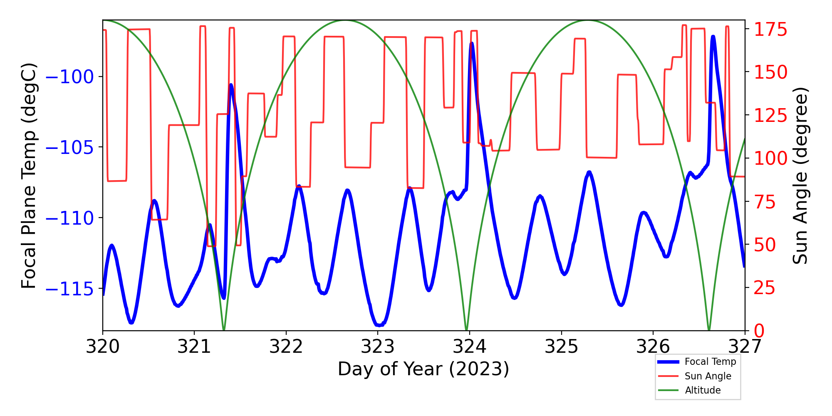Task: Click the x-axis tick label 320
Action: tap(103, 346)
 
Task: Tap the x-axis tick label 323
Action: tap(378, 346)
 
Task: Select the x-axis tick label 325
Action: tap(561, 346)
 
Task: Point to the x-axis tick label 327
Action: tap(744, 346)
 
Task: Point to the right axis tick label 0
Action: tap(759, 331)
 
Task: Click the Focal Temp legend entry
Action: tap(710, 362)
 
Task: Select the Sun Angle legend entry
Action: tap(708, 376)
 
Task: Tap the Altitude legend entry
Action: tap(703, 390)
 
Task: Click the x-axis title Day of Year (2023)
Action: tap(423, 369)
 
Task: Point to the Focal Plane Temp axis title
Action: tap(29, 176)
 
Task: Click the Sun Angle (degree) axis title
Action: tap(800, 176)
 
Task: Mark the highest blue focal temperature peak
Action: tap(713, 37)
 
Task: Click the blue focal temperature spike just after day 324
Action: tap(472, 43)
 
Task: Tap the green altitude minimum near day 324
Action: tap(466, 329)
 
